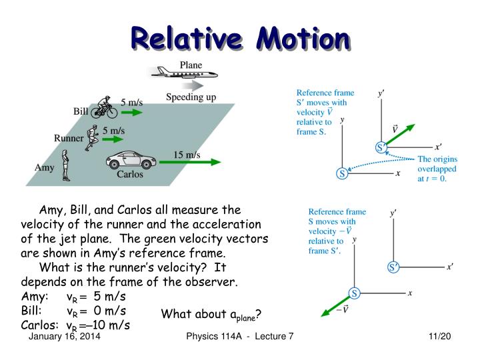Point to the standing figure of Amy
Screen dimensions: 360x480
65,165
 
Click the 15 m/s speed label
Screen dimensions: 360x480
187,155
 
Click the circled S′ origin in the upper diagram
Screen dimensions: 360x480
382,147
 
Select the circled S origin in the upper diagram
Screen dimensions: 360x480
342,173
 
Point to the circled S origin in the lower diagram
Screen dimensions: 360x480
355,293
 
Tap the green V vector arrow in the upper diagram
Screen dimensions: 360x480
399,134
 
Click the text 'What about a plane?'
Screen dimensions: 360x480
211,314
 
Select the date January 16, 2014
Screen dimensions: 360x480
65,339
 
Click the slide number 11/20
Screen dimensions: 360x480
440,339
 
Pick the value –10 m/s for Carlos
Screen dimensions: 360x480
107,325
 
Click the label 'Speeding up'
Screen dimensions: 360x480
191,97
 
